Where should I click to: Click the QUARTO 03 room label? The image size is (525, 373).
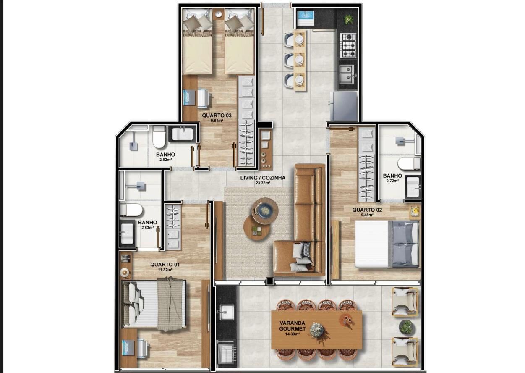(217, 115)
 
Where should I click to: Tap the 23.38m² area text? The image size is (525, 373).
(263, 183)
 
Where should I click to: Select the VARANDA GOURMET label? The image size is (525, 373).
(292, 326)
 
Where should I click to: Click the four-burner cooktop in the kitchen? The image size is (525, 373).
(348, 45)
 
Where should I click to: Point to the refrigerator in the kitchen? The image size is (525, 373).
(344, 105)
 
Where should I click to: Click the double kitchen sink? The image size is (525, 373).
(347, 74)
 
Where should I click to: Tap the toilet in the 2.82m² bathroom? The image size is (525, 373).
(159, 137)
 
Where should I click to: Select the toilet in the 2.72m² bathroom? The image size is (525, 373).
(409, 163)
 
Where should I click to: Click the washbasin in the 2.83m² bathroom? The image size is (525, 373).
(127, 234)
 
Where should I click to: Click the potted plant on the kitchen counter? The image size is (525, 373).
(348, 19)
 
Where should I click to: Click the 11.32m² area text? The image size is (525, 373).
(165, 270)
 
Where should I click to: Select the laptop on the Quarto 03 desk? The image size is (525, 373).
(189, 97)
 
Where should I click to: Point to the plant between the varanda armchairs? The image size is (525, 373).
(406, 326)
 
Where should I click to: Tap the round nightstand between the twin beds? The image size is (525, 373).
(219, 14)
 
